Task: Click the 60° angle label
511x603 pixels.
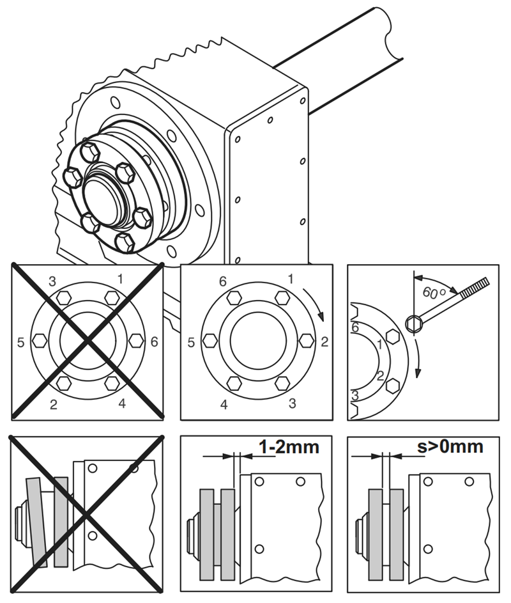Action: (x=434, y=292)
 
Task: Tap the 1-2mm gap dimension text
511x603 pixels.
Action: (x=288, y=446)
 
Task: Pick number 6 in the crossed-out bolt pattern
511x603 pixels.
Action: (x=153, y=342)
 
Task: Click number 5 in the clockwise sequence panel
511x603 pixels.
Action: (x=190, y=342)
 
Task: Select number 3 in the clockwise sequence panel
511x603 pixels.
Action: (x=293, y=403)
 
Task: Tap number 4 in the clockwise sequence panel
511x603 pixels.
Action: (x=224, y=404)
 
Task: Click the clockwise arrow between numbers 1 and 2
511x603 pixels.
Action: (x=316, y=304)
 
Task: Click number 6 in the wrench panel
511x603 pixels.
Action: (x=356, y=327)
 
